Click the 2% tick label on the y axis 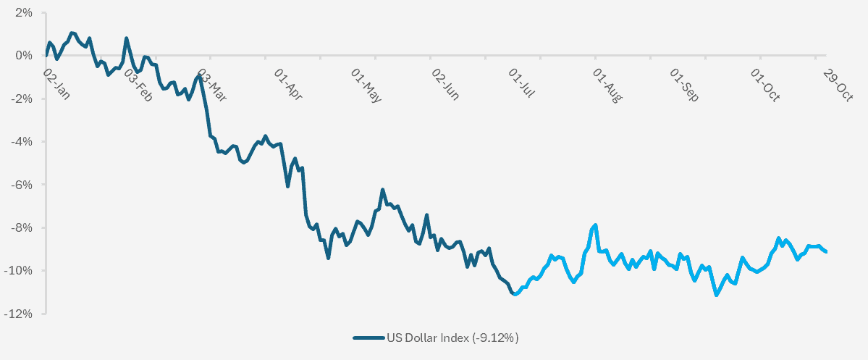click(24, 13)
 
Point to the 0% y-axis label click(24, 56)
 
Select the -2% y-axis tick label click(22, 99)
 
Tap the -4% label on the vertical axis click(22, 141)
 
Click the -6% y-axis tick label click(22, 185)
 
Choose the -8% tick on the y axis click(22, 227)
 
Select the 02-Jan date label click(56, 85)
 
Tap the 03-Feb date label click(138, 85)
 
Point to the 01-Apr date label click(288, 85)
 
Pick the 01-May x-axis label click(366, 85)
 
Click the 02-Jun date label click(445, 85)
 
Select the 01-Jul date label click(522, 85)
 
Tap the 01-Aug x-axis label click(607, 85)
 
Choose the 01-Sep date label click(684, 85)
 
